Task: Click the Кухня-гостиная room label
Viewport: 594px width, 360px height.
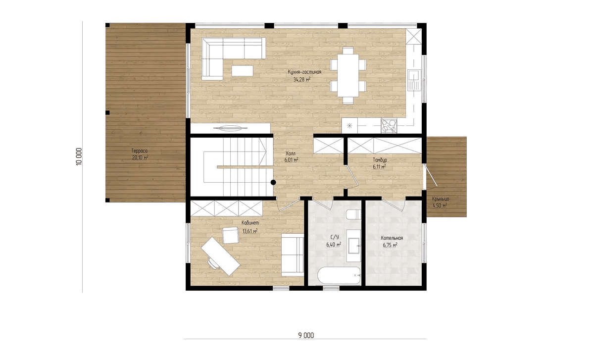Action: pos(304,72)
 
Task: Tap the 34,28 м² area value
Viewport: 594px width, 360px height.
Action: pos(302,79)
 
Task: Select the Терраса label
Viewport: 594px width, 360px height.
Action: pos(139,151)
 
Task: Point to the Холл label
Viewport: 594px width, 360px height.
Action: pos(291,154)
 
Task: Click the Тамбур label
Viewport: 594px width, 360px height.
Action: pos(380,160)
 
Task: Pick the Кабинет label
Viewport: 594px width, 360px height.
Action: pos(250,223)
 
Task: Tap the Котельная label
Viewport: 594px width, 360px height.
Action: pos(392,238)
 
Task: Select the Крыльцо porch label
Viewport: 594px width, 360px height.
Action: pos(441,199)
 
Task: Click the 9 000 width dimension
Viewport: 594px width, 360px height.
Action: pos(306,336)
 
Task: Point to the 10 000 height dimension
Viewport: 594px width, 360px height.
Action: pos(79,156)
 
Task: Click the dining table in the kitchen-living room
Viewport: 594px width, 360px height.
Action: pos(348,76)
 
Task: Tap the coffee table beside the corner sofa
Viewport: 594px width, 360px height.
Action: pos(242,71)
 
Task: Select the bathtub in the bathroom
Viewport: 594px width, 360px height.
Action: pos(339,275)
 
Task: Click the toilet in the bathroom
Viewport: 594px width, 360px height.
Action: pos(353,214)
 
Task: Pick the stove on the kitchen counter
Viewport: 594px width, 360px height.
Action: pos(389,126)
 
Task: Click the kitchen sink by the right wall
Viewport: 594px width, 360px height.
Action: pos(414,80)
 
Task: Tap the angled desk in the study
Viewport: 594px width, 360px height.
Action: pos(220,257)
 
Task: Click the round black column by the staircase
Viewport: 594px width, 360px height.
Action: pos(273,183)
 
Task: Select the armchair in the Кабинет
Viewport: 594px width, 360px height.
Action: pos(231,235)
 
